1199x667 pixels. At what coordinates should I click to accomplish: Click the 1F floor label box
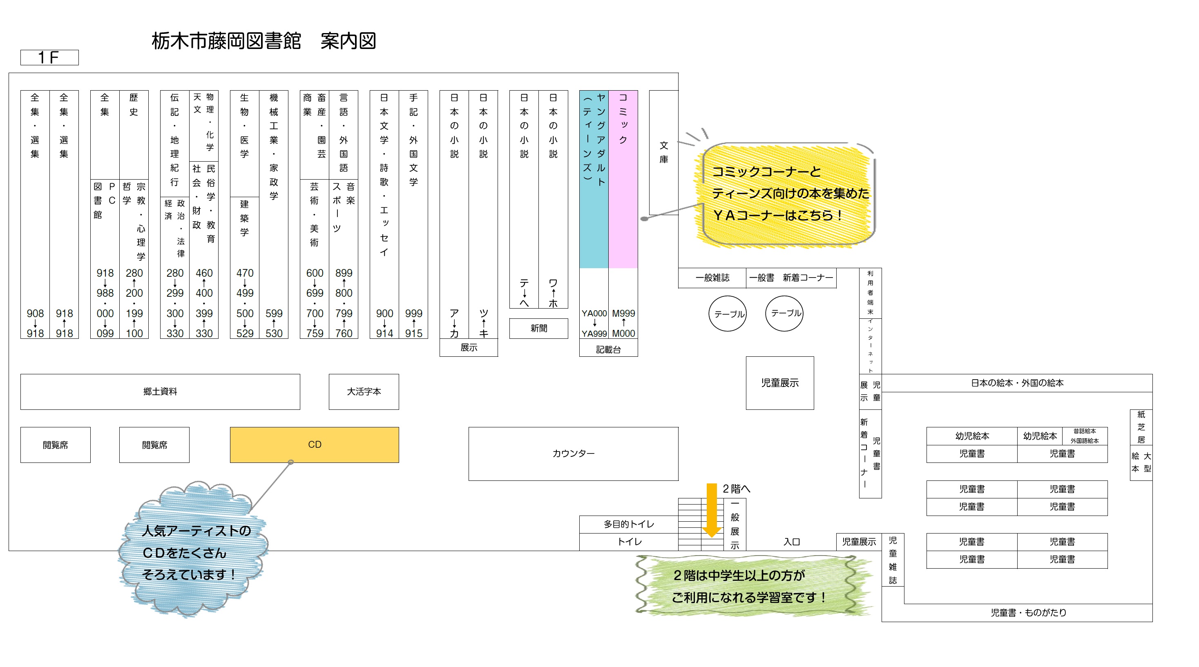click(49, 58)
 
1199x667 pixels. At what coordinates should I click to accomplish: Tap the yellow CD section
click(314, 445)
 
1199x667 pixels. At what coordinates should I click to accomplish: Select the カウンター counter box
click(573, 454)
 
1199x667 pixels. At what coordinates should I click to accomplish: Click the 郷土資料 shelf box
click(160, 391)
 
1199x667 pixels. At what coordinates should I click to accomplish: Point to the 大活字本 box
click(364, 391)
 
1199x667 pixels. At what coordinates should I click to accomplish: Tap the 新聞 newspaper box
click(538, 328)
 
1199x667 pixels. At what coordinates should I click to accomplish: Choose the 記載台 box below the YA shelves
click(608, 349)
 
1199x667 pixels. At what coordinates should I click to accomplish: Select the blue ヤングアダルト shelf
click(594, 179)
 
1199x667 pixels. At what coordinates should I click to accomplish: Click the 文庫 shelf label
click(664, 152)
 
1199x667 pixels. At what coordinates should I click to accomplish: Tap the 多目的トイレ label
click(629, 524)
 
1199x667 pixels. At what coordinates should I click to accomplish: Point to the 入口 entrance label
click(792, 542)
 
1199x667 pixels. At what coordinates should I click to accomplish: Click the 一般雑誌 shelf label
click(712, 278)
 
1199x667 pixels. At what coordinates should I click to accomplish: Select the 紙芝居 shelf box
click(1141, 427)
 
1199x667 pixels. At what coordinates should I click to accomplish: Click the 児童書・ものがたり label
click(1029, 613)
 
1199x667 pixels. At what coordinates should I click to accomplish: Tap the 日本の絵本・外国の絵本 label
click(1017, 383)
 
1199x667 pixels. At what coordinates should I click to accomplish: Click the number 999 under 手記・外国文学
click(413, 313)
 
